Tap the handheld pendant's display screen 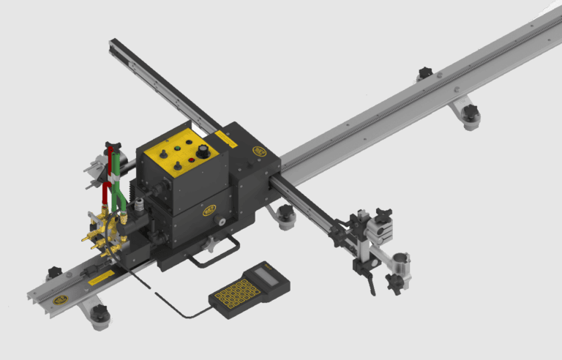[x=266, y=276]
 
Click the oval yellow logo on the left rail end [x=61, y=297]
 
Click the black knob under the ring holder [x=395, y=285]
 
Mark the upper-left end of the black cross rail [x=113, y=44]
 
